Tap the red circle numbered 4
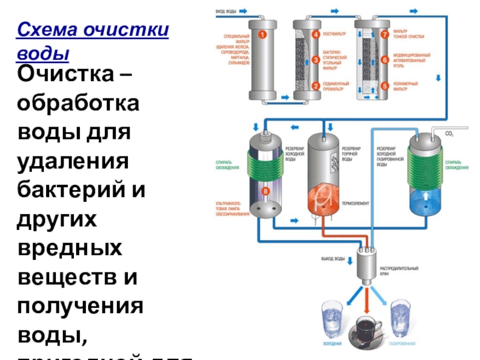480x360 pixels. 316,35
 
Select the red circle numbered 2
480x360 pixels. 316,86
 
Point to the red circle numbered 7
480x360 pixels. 384,35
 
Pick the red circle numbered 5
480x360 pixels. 384,86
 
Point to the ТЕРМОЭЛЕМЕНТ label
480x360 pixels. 356,204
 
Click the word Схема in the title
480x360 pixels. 47,30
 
